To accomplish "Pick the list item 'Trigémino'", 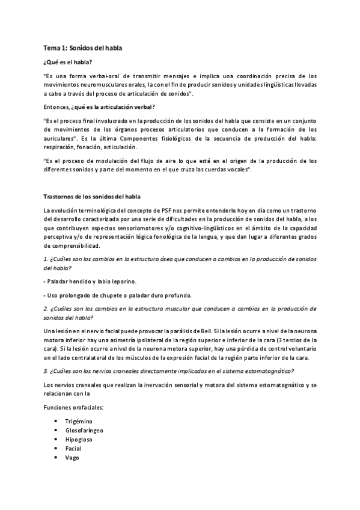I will (79, 421).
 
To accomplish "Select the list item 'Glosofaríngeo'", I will (84, 431).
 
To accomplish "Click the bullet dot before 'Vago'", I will (56, 458).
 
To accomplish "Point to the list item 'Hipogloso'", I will (79, 440).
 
